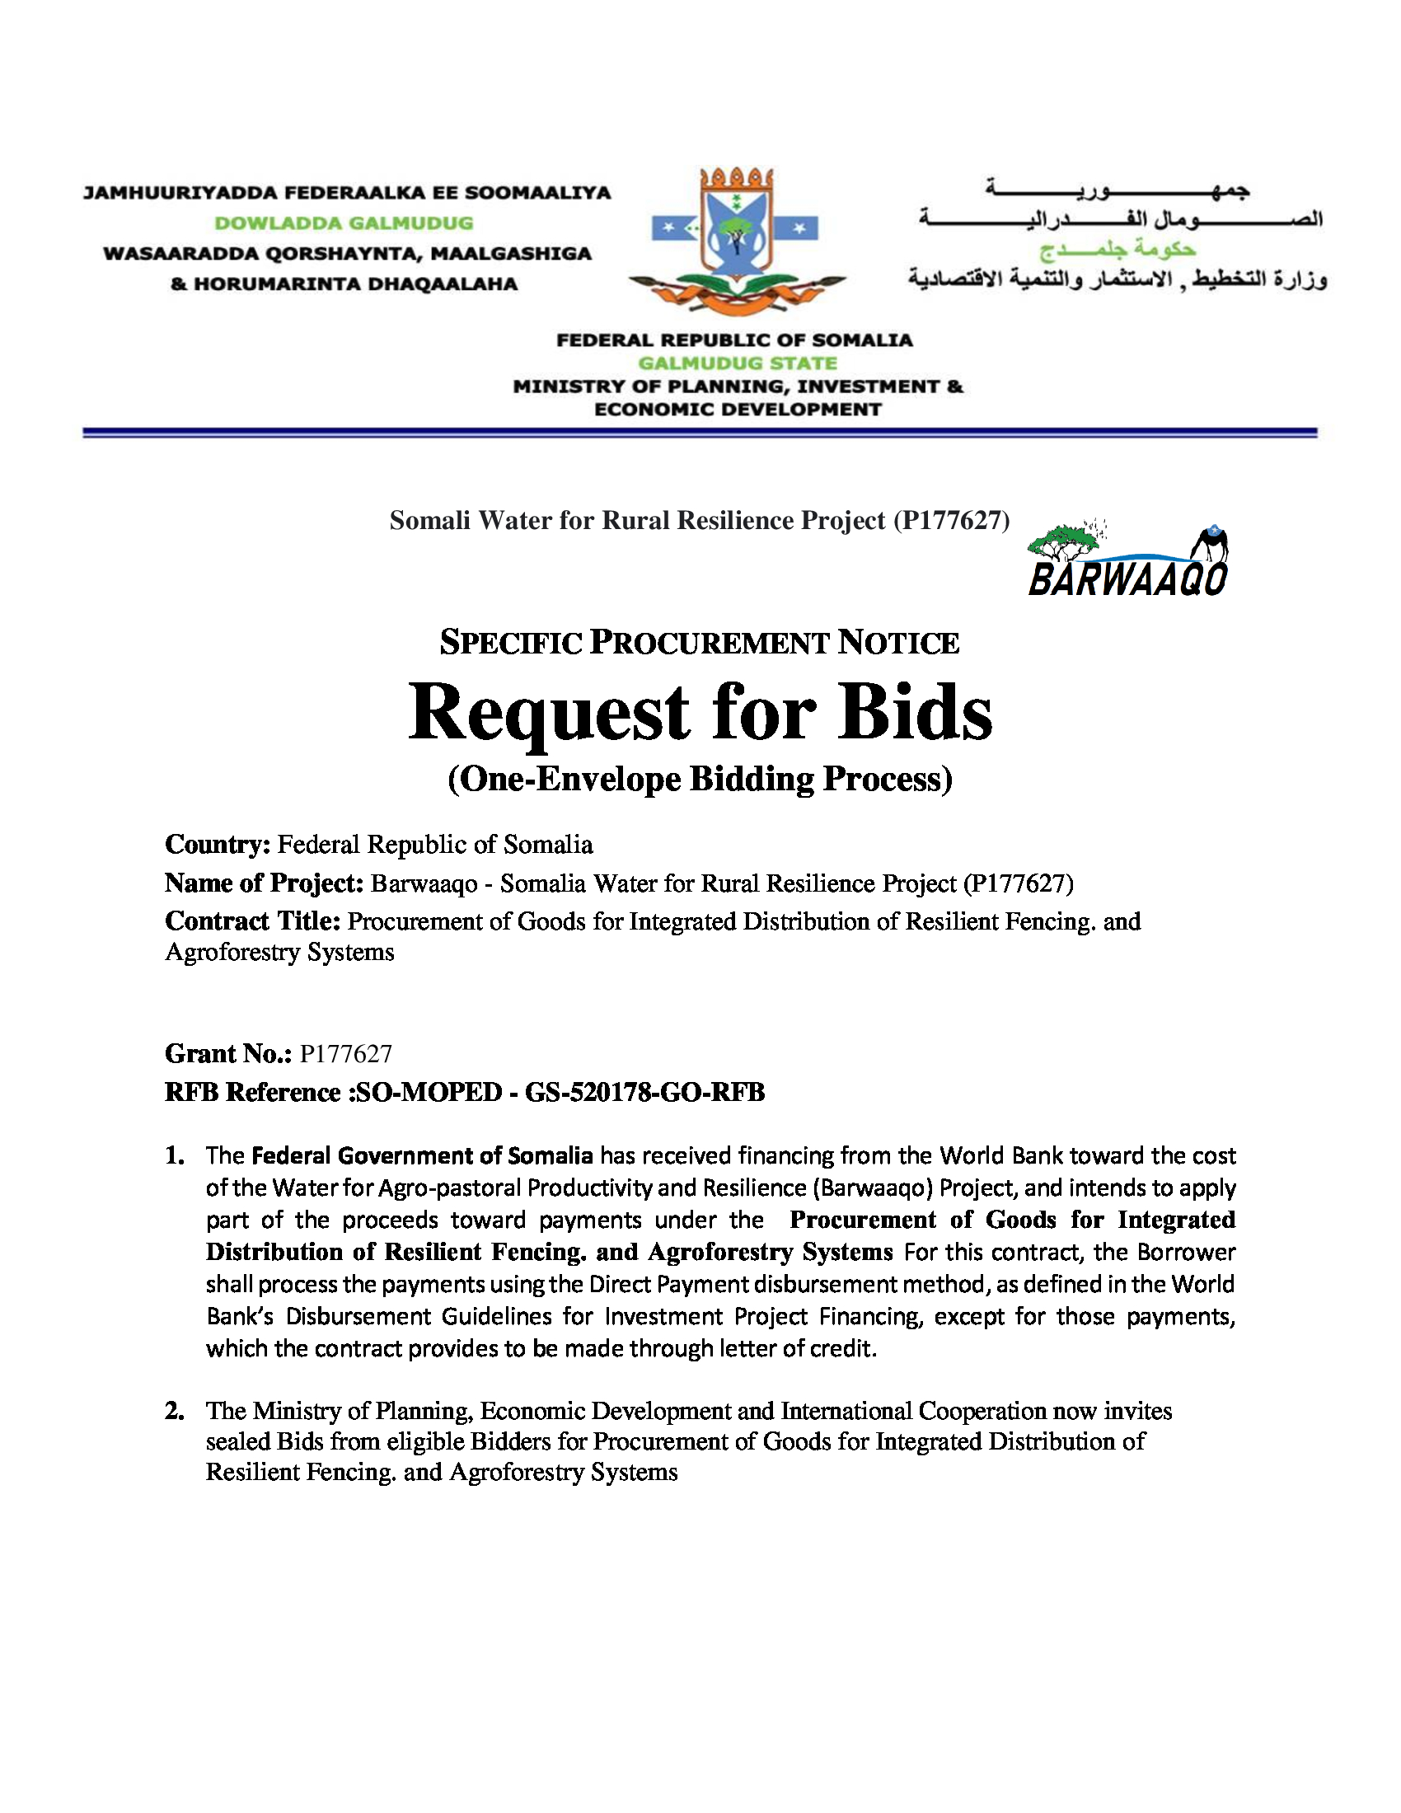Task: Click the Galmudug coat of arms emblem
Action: [737, 241]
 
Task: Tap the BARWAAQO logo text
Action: [1127, 579]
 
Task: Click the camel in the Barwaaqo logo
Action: [1211, 546]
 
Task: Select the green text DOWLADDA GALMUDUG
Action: [344, 223]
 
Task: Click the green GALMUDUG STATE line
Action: [737, 363]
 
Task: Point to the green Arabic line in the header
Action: [1118, 249]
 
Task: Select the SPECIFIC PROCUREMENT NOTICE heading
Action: [700, 644]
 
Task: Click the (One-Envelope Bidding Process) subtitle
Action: [700, 780]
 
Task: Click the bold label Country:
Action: [218, 845]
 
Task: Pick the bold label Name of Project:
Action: [264, 883]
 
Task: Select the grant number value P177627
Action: [346, 1054]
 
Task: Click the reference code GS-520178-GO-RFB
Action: [645, 1093]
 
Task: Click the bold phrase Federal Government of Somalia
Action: [422, 1155]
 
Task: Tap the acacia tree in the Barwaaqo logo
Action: [1066, 542]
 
